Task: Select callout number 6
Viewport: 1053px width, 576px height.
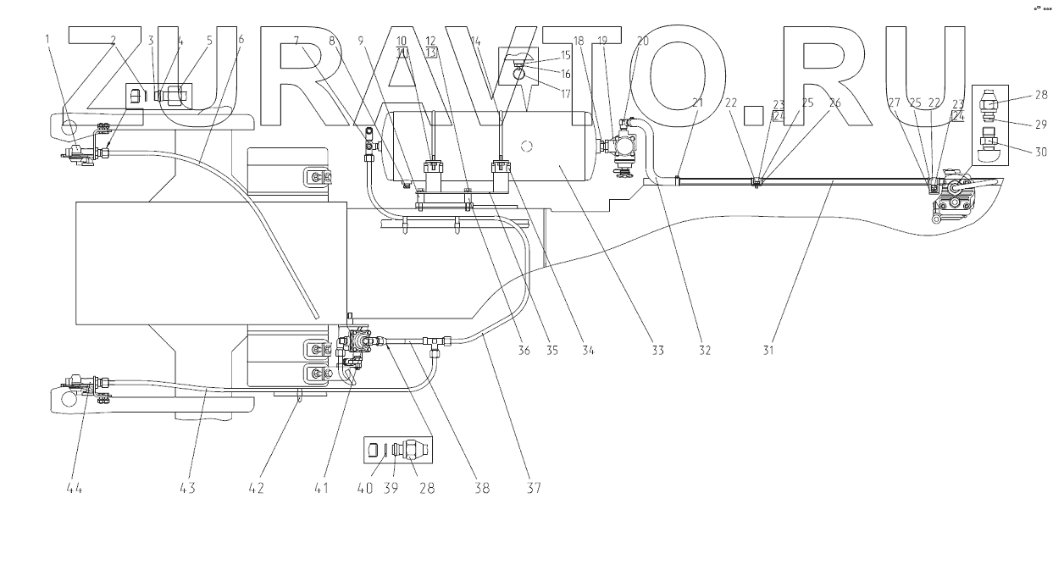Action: point(241,40)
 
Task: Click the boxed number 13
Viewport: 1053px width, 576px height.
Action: point(432,53)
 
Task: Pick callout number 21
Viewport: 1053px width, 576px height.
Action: point(697,102)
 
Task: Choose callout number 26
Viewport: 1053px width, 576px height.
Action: point(835,102)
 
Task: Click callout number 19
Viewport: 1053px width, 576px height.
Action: point(603,40)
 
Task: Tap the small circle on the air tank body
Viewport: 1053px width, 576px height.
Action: point(526,145)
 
